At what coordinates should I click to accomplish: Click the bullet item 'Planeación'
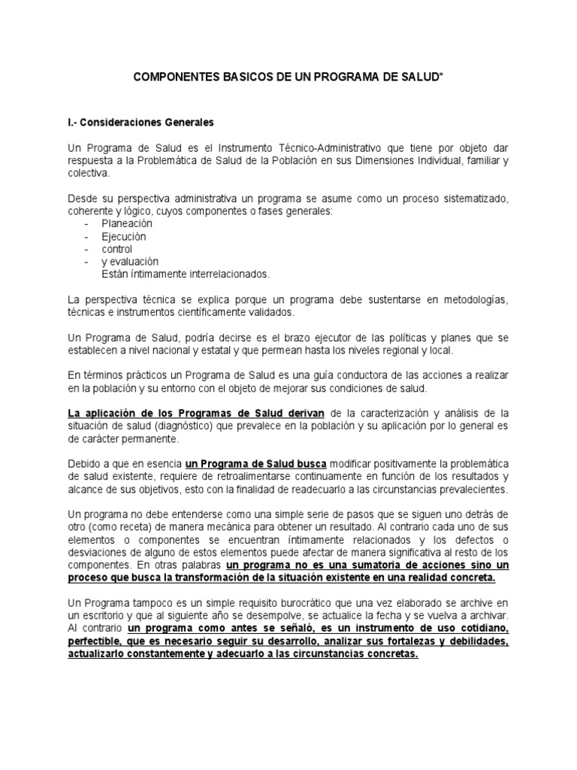tap(127, 224)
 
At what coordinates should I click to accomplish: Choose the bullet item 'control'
tap(117, 249)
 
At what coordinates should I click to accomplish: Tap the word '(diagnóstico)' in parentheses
tap(186, 426)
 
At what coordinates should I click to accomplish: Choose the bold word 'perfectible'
tap(95, 641)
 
